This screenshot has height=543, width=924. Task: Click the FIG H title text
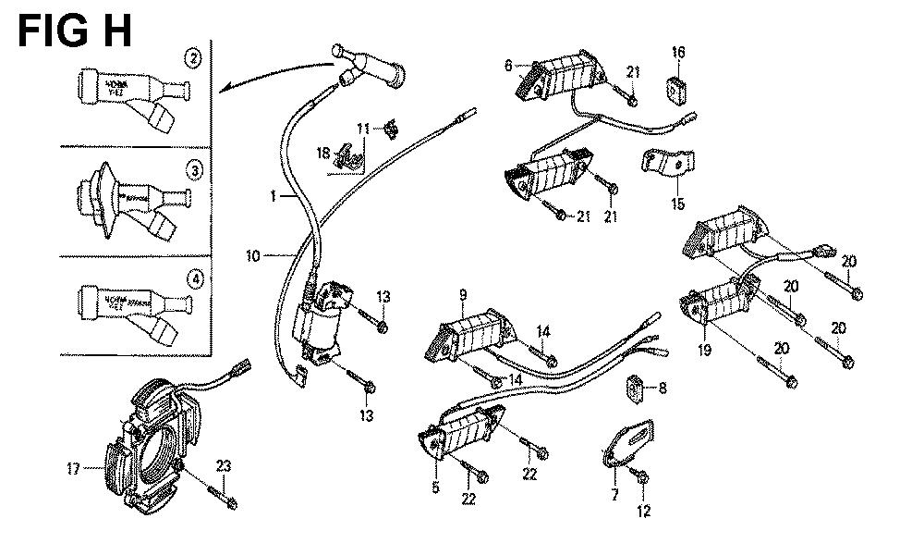(75, 29)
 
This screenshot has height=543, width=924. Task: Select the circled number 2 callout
(192, 60)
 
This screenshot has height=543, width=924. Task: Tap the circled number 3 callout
(192, 169)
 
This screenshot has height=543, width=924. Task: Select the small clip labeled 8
(637, 386)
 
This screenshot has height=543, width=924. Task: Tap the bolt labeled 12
(640, 478)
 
